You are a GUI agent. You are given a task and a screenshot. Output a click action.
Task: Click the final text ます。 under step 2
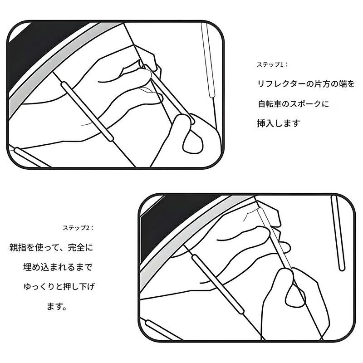[57, 306]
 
